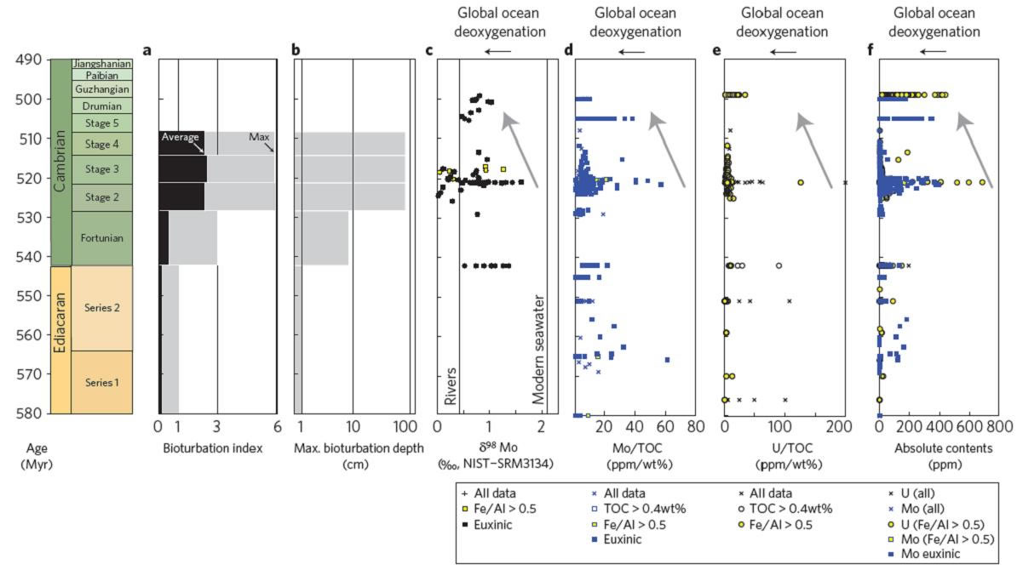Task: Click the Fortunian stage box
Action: click(x=101, y=237)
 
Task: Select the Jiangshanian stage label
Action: click(x=101, y=64)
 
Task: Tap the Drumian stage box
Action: click(x=101, y=106)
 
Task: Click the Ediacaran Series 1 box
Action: click(x=101, y=382)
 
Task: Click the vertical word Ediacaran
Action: click(x=60, y=339)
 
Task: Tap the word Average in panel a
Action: click(x=181, y=137)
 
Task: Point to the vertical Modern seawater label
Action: click(x=538, y=350)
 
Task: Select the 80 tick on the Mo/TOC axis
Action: click(x=695, y=428)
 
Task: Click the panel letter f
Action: click(x=870, y=49)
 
